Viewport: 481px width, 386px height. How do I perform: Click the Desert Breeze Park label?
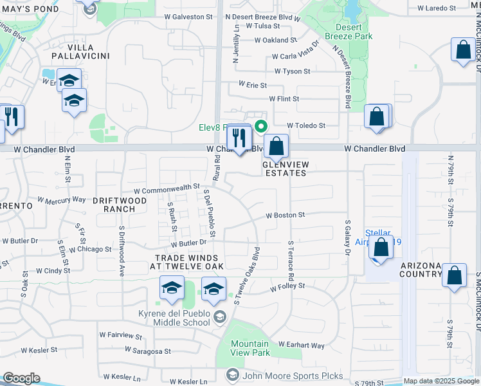pyautogui.click(x=354, y=32)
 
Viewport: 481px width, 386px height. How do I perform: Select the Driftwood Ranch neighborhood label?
pyautogui.click(x=114, y=205)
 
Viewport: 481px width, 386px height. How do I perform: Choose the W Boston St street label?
pyautogui.click(x=285, y=216)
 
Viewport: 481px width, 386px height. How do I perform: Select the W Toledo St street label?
pyautogui.click(x=306, y=126)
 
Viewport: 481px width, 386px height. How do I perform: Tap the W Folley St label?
pyautogui.click(x=287, y=285)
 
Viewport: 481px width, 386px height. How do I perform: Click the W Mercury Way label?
pyautogui.click(x=62, y=199)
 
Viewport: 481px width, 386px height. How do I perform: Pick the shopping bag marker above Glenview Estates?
pyautogui.click(x=277, y=146)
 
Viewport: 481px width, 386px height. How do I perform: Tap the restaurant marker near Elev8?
pyautogui.click(x=238, y=136)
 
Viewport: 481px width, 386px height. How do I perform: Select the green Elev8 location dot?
pyautogui.click(x=260, y=127)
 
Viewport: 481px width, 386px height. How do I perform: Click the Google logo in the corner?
pyautogui.click(x=21, y=378)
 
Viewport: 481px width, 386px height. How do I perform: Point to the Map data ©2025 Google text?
pyautogui.click(x=440, y=381)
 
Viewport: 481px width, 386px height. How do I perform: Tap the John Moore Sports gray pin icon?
pyautogui.click(x=231, y=374)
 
